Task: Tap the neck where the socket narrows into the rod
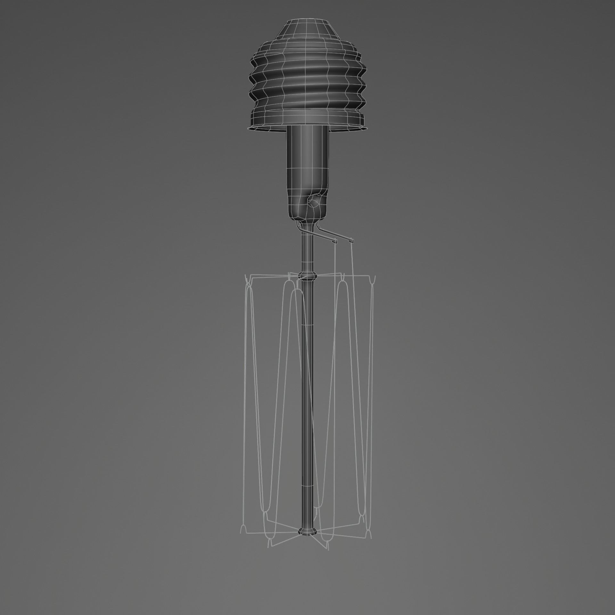click(x=307, y=224)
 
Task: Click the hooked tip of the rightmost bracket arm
click(x=351, y=240)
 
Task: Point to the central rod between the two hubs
click(x=307, y=400)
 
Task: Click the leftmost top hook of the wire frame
click(x=248, y=280)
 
